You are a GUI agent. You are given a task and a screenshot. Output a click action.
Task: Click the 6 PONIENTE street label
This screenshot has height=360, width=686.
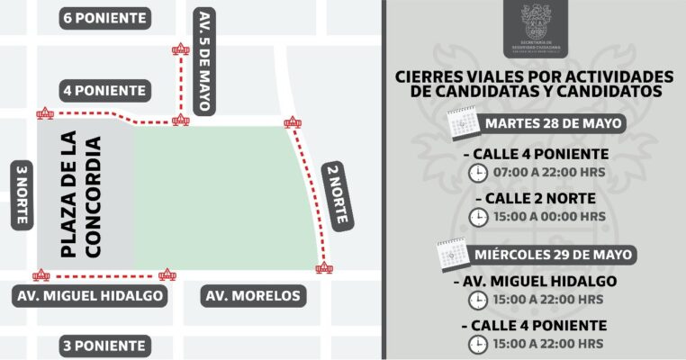point(105,18)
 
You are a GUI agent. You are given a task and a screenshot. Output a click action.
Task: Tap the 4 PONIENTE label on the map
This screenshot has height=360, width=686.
point(105,90)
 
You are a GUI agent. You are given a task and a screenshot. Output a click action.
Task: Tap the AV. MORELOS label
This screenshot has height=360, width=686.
point(252,296)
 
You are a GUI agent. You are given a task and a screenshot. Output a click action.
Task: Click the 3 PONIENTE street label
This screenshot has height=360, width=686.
point(105,346)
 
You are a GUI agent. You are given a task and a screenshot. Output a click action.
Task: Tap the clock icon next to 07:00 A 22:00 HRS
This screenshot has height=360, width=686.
point(477,172)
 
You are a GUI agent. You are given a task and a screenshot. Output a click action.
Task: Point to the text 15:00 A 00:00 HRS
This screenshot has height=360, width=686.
point(549,217)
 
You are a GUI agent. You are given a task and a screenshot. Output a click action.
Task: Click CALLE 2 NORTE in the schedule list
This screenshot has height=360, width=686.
point(539,198)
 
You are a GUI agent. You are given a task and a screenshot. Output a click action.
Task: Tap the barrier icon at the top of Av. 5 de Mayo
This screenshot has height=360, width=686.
point(181,49)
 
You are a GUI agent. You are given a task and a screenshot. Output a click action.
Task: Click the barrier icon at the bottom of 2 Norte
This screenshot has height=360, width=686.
point(324,267)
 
